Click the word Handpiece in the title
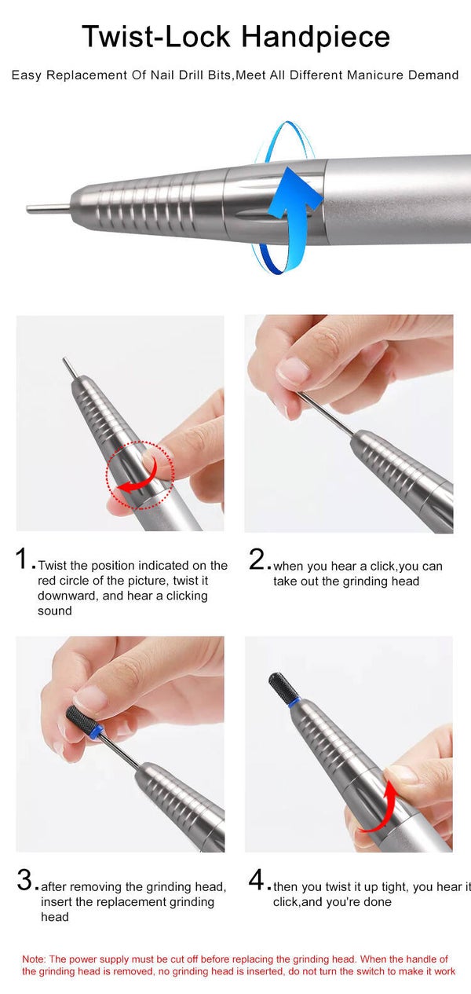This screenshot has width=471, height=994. pyautogui.click(x=316, y=37)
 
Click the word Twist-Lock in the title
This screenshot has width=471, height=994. pyautogui.click(x=156, y=36)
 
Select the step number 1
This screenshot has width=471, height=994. pyautogui.click(x=22, y=559)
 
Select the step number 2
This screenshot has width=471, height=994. pyautogui.click(x=257, y=559)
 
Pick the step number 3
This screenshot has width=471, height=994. pyautogui.click(x=25, y=879)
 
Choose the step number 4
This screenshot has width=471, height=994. pyautogui.click(x=257, y=879)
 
